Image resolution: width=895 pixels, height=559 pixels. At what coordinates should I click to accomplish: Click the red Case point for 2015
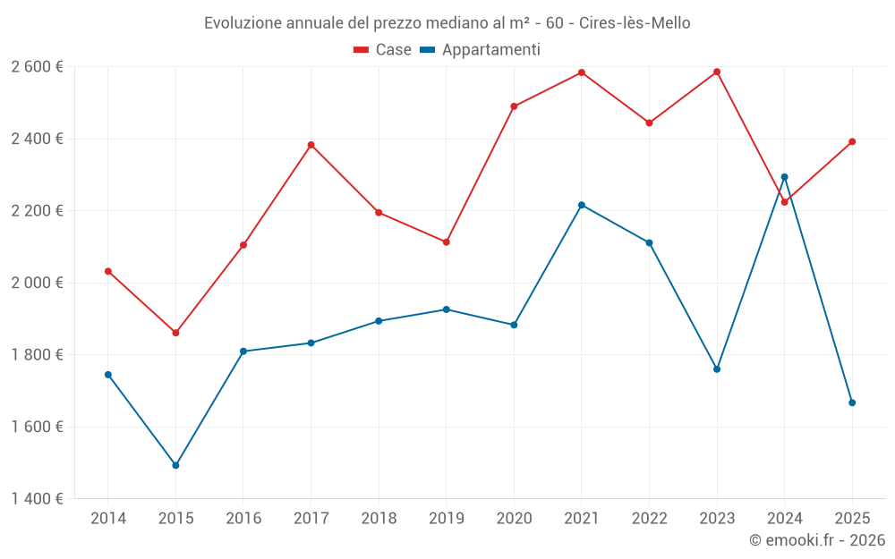(175, 333)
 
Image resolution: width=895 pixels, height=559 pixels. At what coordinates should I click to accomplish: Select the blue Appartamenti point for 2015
(175, 465)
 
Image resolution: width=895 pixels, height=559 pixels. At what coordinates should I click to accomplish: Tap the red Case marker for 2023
(717, 72)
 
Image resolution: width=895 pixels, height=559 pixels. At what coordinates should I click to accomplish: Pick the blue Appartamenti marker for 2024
(785, 177)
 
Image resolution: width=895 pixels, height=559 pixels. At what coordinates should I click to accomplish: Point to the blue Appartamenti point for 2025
(852, 402)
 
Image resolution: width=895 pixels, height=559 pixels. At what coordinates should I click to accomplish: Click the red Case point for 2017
(311, 145)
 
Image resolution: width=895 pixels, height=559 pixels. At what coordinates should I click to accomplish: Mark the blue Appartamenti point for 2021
(582, 205)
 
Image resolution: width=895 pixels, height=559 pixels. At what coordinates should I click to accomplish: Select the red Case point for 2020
(514, 106)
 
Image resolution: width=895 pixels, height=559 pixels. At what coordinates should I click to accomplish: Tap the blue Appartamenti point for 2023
(717, 369)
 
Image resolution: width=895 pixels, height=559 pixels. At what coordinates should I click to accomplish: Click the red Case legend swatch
(362, 50)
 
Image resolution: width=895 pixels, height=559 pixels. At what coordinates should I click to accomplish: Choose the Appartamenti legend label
(490, 50)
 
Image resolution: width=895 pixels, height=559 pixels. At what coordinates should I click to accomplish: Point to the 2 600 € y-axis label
(37, 67)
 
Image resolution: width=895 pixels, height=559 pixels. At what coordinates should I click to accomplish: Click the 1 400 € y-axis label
(37, 499)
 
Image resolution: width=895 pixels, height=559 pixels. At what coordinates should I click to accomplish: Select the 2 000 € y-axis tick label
(37, 283)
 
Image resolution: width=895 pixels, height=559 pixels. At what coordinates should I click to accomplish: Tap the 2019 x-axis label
(446, 518)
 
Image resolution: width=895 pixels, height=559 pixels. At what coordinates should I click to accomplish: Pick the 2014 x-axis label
(108, 518)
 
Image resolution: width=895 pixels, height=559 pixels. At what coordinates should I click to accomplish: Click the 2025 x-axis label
(852, 518)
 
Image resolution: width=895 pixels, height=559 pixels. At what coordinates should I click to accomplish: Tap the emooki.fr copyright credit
(816, 539)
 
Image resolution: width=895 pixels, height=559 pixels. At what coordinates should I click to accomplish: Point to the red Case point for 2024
(785, 202)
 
